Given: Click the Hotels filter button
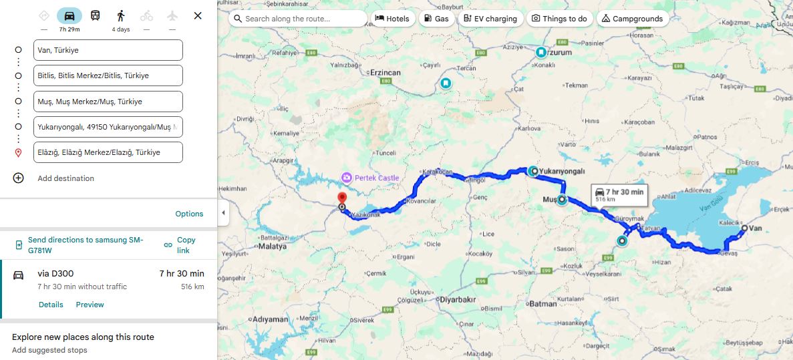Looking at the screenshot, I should tap(392, 19).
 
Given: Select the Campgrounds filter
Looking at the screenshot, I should tap(632, 19).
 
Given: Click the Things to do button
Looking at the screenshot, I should tap(559, 19).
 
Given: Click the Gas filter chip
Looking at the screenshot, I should tap(436, 19).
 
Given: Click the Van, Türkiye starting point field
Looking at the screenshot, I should tap(108, 50).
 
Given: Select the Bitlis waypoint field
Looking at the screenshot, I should tap(108, 75).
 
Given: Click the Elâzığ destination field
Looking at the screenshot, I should tap(108, 152).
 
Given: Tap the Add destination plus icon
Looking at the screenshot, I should tap(18, 178).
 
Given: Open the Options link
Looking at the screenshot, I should tap(189, 214).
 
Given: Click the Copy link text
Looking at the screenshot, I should tap(186, 245).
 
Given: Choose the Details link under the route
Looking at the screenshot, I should tap(51, 305).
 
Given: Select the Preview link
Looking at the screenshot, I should tap(90, 305).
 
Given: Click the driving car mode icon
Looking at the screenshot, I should tap(69, 15).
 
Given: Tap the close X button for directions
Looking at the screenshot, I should tap(198, 15).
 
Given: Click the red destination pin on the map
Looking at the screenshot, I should tap(342, 198).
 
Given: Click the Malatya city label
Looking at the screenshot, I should tap(274, 246).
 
